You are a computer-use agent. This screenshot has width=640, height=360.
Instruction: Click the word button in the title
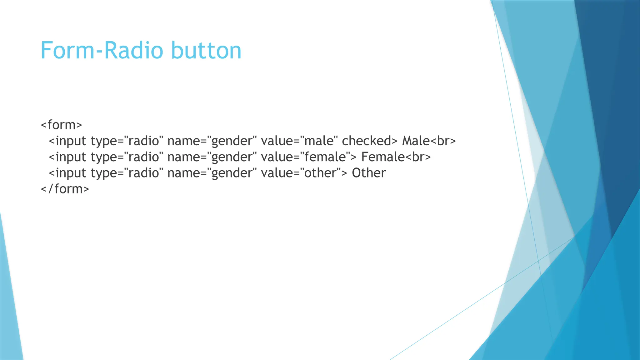pyautogui.click(x=206, y=50)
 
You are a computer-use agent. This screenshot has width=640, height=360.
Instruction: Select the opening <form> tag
pyautogui.click(x=62, y=125)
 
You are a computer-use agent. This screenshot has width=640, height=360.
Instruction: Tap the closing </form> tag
pyautogui.click(x=65, y=189)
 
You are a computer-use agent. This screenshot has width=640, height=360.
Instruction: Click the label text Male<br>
pyautogui.click(x=429, y=141)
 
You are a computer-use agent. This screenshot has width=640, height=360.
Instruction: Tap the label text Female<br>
pyautogui.click(x=396, y=157)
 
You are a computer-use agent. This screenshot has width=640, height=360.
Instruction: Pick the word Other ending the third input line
pyautogui.click(x=369, y=173)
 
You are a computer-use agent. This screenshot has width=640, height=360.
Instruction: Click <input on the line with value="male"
pyautogui.click(x=67, y=141)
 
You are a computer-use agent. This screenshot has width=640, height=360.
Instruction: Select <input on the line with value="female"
pyautogui.click(x=67, y=157)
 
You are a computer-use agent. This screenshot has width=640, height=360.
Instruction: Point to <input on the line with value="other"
pyautogui.click(x=67, y=173)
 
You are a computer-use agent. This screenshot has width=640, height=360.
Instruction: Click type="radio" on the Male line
pyautogui.click(x=127, y=141)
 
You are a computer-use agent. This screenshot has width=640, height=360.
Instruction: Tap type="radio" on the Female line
pyautogui.click(x=127, y=157)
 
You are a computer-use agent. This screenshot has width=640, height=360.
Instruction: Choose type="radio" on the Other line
pyautogui.click(x=127, y=173)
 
